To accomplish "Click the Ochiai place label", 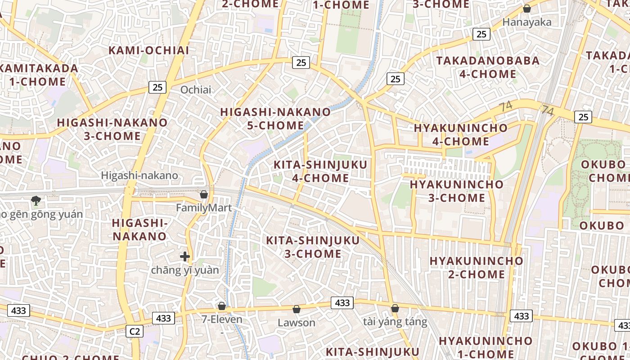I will [195, 90].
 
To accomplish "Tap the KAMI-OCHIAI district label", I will [149, 50].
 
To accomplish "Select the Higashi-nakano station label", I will [139, 175].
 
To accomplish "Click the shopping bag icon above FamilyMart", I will [204, 194].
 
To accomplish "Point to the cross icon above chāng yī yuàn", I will [185, 256].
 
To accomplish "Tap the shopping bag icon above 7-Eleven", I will [222, 306].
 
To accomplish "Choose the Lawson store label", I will [297, 323].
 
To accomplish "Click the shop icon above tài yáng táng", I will [395, 308].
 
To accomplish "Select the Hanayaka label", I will [526, 22].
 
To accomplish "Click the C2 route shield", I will [135, 332].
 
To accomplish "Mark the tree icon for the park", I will [36, 200].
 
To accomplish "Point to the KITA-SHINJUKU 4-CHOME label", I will [320, 171].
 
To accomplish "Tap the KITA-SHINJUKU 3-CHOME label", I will [313, 247].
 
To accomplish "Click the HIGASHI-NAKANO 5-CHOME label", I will [275, 119].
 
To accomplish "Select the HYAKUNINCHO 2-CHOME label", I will [477, 267].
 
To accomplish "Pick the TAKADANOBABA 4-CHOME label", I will [488, 67].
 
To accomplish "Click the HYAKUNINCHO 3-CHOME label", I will [456, 191].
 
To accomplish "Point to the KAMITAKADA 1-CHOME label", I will [39, 75].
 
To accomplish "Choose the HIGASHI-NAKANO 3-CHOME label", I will [112, 129].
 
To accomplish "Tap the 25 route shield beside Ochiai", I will [157, 87].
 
